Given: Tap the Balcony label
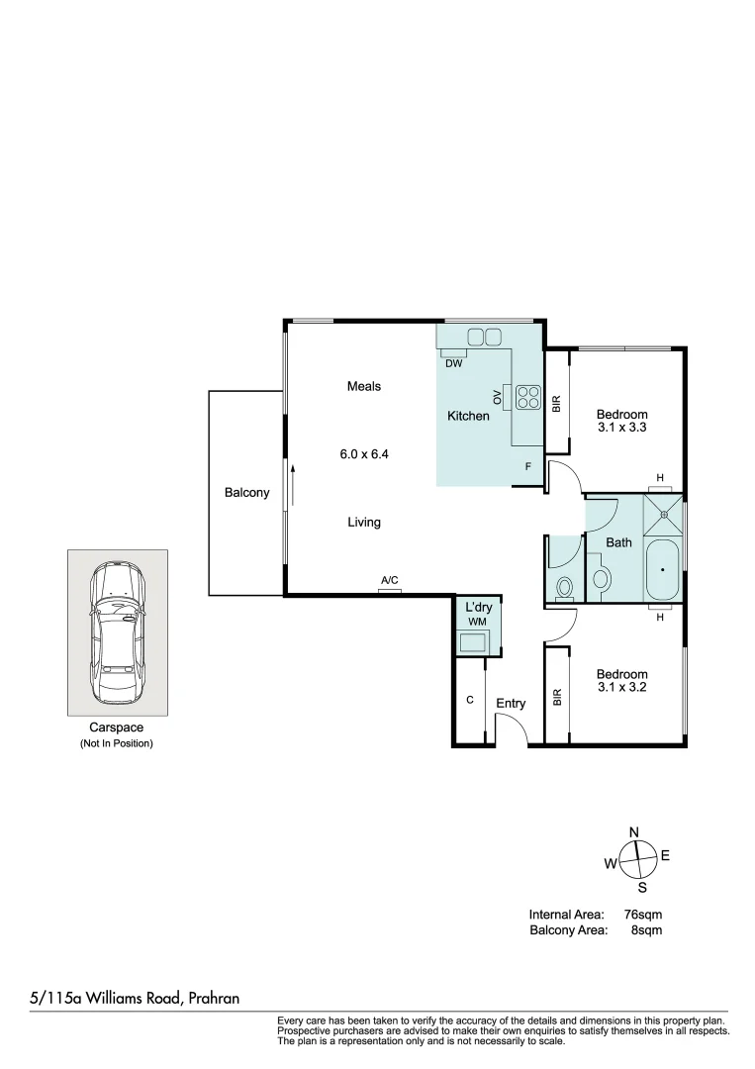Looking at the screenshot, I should point(246,493).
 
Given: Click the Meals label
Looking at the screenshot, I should point(363,386).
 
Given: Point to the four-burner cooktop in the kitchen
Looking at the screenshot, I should point(527,396).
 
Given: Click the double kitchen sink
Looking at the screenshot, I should point(483,337).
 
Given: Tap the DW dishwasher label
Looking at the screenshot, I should point(453,363).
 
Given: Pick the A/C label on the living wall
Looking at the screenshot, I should point(390,581).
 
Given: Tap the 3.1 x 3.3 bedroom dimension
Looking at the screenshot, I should point(621,428).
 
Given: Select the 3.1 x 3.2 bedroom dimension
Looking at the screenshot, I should point(621,687).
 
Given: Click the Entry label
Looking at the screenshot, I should point(511,704).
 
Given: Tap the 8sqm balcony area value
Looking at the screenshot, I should point(646,930).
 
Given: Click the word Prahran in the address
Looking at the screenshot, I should point(212,999).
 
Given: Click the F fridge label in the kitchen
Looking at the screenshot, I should point(528,466).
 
